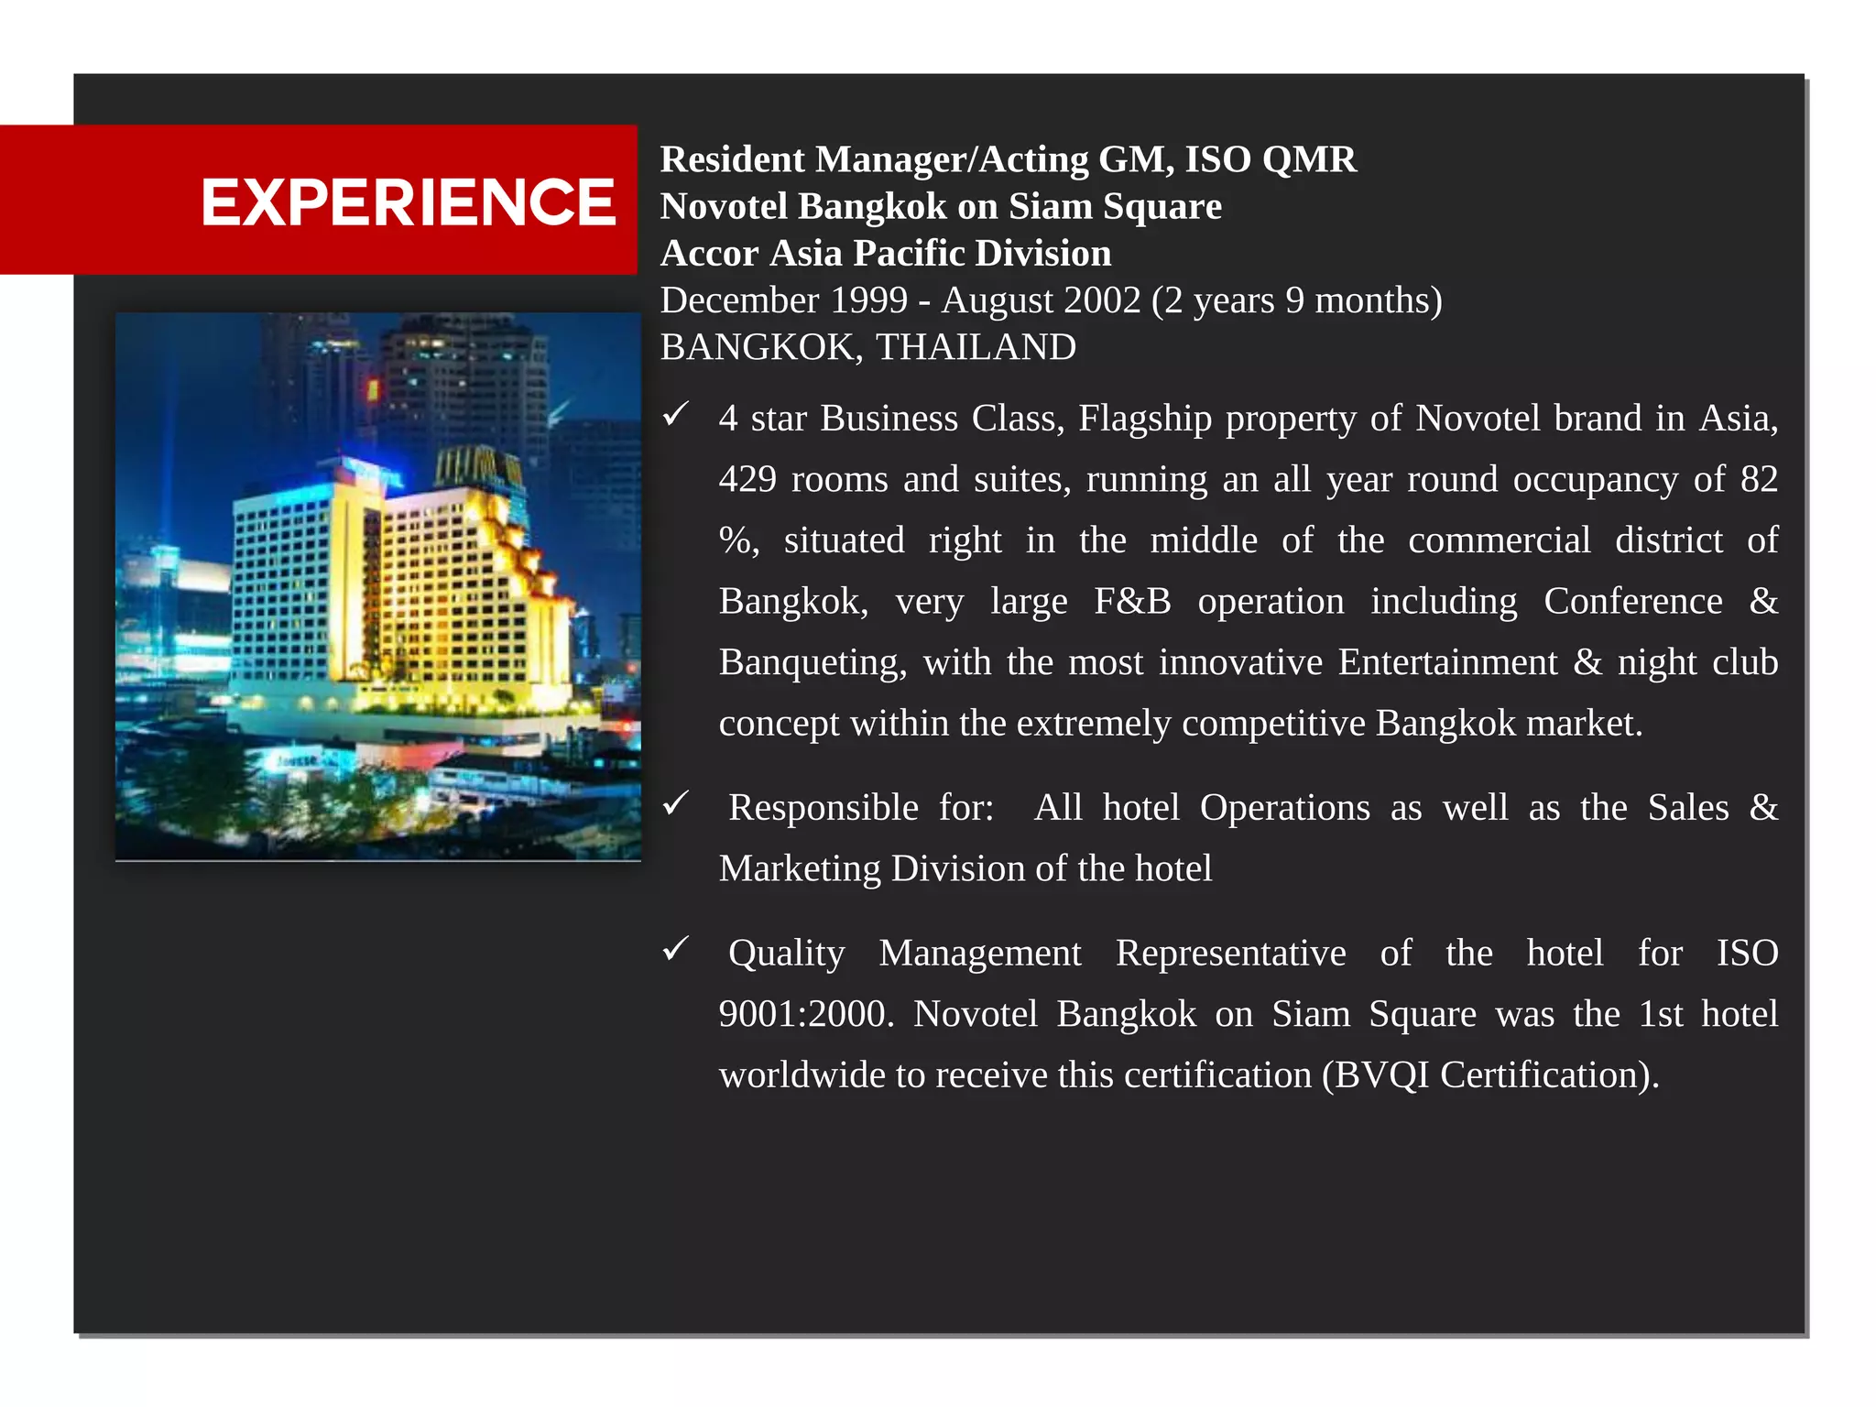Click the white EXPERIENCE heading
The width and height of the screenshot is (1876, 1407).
408,202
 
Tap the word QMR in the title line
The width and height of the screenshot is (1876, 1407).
1309,159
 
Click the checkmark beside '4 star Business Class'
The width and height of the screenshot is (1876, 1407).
676,415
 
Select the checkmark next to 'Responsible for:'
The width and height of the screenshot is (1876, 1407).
676,804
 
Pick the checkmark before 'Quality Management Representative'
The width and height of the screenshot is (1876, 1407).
676,949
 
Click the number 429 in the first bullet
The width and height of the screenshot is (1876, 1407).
747,479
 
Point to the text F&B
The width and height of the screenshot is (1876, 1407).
1132,602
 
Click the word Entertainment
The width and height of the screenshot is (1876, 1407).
1447,662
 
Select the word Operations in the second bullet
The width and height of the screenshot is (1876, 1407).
1284,808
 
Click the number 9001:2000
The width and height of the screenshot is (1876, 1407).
806,1014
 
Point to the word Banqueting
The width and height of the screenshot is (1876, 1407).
812,662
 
